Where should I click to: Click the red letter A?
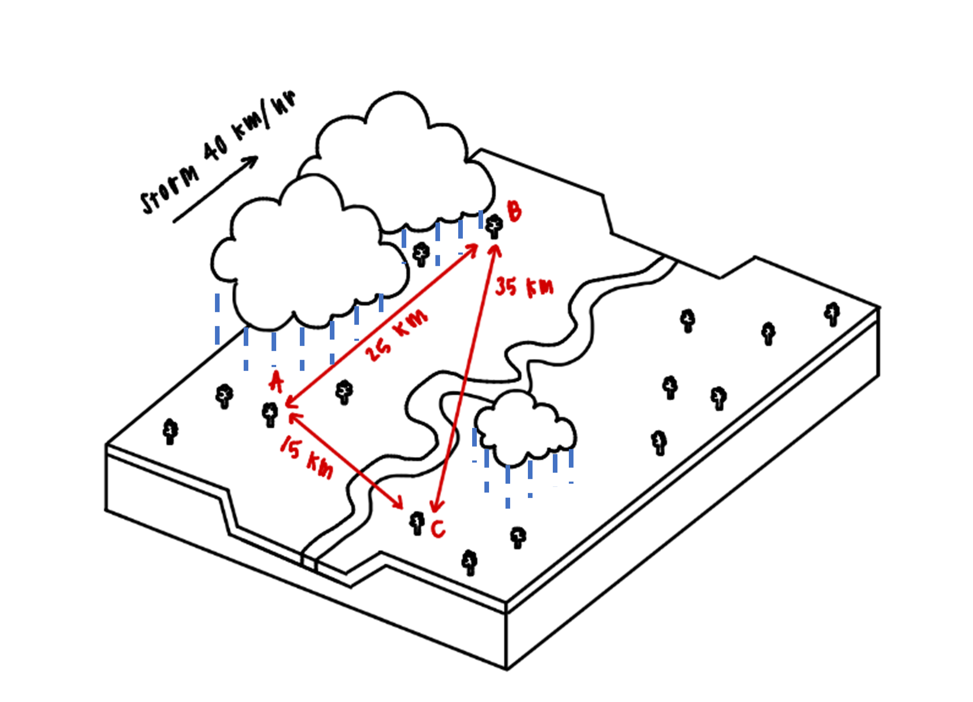(x=276, y=382)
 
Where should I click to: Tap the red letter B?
(x=514, y=211)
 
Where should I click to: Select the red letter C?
(x=438, y=529)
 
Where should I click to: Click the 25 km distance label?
(x=397, y=335)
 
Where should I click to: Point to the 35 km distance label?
(x=524, y=287)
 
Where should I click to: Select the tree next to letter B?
(x=494, y=226)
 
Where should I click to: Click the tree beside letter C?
(x=416, y=523)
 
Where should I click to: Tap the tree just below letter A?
(x=270, y=414)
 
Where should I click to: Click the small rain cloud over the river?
(x=525, y=429)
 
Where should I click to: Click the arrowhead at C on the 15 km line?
(x=398, y=503)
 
